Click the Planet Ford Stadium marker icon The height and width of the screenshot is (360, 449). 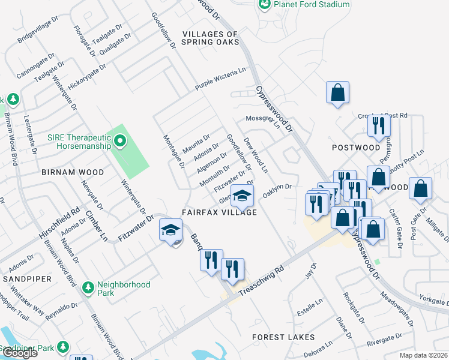pos(264,4)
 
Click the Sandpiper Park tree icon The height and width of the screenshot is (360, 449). pos(62,347)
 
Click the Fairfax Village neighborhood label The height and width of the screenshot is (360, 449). pos(220,212)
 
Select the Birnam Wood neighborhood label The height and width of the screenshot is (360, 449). pos(73,172)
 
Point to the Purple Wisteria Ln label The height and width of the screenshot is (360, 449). pos(220,79)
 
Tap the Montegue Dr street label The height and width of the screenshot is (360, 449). pos(173,152)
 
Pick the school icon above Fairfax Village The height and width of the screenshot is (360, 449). pos(242,195)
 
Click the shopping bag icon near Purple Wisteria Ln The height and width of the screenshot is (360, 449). pos(337,93)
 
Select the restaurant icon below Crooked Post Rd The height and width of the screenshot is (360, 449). pos(379,125)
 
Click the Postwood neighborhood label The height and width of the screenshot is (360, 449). pos(356,148)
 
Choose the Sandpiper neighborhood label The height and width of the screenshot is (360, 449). pos(23,280)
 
